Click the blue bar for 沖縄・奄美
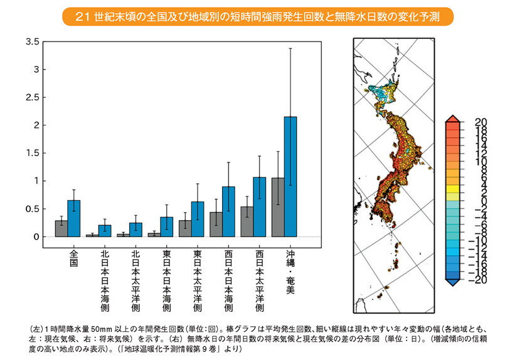[x=290, y=176]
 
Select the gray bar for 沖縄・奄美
[x=277, y=207]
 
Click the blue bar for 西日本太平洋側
[x=260, y=207]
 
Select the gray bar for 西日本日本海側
[x=216, y=224]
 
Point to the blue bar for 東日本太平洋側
[x=198, y=219]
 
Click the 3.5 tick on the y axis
[x=33, y=42]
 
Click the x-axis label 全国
[x=73, y=260]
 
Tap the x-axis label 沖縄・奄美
[x=290, y=273]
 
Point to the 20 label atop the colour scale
[x=481, y=122]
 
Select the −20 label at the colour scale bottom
[x=479, y=280]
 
